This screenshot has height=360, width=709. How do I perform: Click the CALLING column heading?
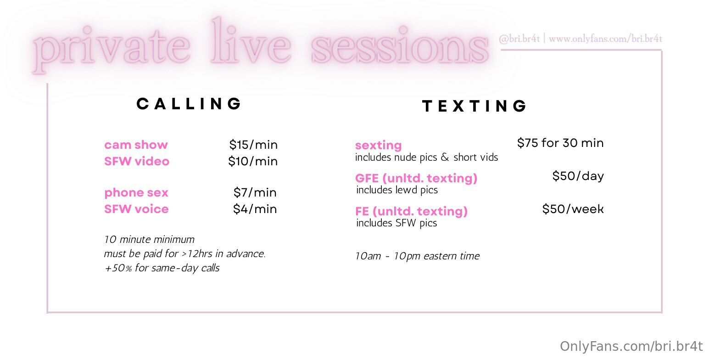(189, 104)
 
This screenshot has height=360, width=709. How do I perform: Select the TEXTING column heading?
(474, 106)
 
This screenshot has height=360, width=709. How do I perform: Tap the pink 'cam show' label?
(136, 145)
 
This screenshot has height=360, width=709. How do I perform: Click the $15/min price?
(253, 145)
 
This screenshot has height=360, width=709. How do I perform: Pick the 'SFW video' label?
(137, 162)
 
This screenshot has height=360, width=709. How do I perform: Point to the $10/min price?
(253, 162)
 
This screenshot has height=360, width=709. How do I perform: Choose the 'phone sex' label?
(136, 192)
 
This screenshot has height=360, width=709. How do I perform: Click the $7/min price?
(255, 192)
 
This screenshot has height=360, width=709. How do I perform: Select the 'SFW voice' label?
(136, 209)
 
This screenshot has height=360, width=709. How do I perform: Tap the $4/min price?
(255, 209)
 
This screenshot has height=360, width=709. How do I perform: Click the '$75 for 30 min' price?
(560, 143)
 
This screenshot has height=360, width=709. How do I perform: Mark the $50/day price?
(578, 176)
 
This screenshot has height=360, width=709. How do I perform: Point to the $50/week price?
(573, 209)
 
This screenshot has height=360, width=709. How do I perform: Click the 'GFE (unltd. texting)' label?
(416, 178)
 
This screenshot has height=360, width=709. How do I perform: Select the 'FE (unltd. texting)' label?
(412, 211)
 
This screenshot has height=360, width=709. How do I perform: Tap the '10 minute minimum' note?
(149, 239)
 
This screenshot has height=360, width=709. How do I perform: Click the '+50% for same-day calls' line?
(162, 268)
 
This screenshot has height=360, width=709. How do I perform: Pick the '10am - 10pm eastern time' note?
(417, 256)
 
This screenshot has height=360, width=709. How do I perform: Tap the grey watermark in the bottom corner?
(631, 346)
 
